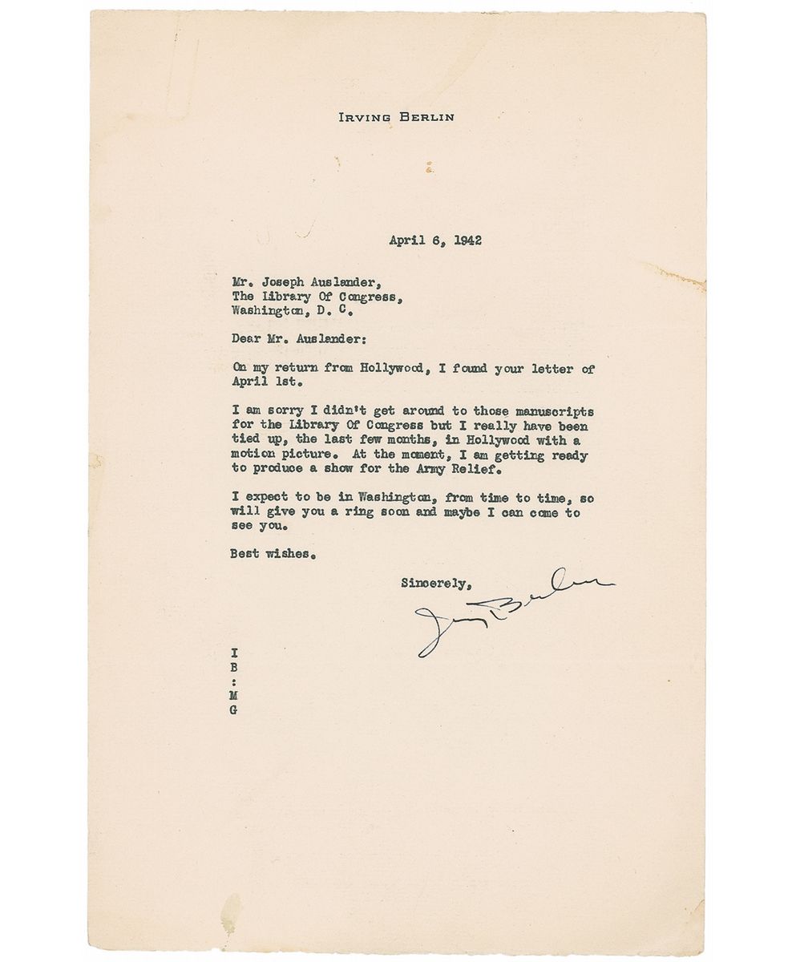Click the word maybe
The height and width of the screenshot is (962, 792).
point(461,512)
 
